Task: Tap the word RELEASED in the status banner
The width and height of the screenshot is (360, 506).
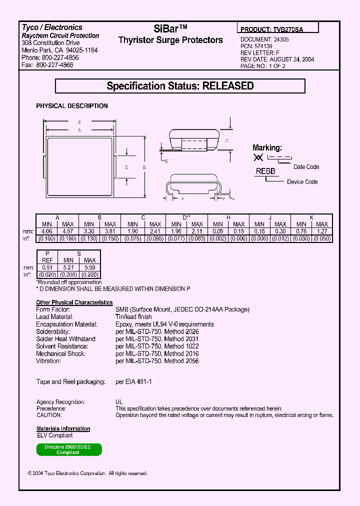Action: pyautogui.click(x=228, y=86)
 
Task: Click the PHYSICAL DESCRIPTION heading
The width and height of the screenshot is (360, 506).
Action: pyautogui.click(x=72, y=106)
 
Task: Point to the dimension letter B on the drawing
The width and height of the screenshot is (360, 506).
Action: pyautogui.click(x=144, y=167)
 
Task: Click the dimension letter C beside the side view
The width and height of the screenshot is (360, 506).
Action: pyautogui.click(x=227, y=140)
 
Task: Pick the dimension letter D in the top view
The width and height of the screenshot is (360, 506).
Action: pyautogui.click(x=126, y=167)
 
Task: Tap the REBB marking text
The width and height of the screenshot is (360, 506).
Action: pyautogui.click(x=265, y=171)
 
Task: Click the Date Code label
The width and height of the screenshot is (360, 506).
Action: pyautogui.click(x=306, y=167)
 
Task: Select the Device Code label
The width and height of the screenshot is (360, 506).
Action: pyautogui.click(x=302, y=181)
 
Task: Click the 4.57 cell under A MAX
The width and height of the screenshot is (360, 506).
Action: pyautogui.click(x=67, y=231)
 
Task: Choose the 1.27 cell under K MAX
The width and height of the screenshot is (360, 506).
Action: pyautogui.click(x=322, y=231)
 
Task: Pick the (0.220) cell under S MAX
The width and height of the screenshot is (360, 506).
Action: pyautogui.click(x=89, y=275)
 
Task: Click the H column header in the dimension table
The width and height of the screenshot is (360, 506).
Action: pyautogui.click(x=228, y=217)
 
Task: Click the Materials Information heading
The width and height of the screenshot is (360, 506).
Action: pyautogui.click(x=63, y=428)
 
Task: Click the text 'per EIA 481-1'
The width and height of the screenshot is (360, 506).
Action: pyautogui.click(x=133, y=382)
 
